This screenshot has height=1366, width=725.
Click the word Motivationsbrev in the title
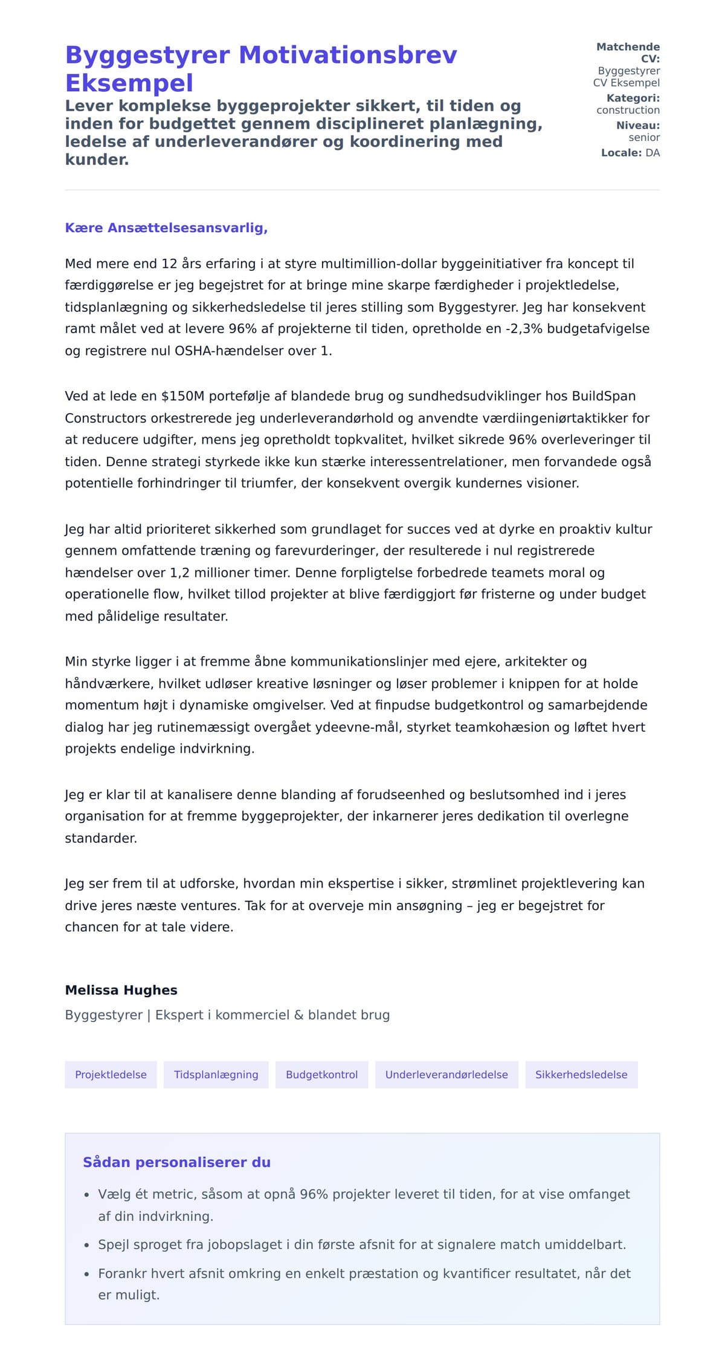pyautogui.click(x=348, y=55)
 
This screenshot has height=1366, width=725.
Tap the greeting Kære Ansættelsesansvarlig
pyautogui.click(x=166, y=228)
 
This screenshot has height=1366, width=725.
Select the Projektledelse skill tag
pyautogui.click(x=111, y=1075)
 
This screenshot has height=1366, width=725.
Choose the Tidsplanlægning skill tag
pyautogui.click(x=216, y=1075)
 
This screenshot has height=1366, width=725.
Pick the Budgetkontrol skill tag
pyautogui.click(x=321, y=1075)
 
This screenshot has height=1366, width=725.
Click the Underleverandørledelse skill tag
pyautogui.click(x=446, y=1075)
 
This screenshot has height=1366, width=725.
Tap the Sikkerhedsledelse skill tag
pyautogui.click(x=581, y=1075)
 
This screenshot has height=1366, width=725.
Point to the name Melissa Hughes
pyautogui.click(x=121, y=990)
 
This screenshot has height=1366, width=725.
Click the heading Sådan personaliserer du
pyautogui.click(x=176, y=1162)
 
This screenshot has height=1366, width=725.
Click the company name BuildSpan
pyautogui.click(x=604, y=396)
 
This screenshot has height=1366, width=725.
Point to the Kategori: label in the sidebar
pyautogui.click(x=633, y=98)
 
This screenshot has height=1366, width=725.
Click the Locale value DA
pyautogui.click(x=652, y=153)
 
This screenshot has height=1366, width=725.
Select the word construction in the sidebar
pyautogui.click(x=628, y=110)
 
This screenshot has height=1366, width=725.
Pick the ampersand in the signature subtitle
pyautogui.click(x=298, y=1015)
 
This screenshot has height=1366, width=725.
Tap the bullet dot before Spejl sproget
pyautogui.click(x=87, y=1245)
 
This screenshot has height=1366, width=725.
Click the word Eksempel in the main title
pyautogui.click(x=129, y=83)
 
